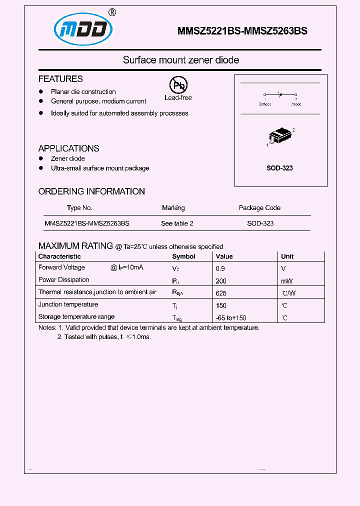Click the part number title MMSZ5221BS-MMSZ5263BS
coord(242,31)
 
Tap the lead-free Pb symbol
coord(177,85)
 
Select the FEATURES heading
coord(60,79)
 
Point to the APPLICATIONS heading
coord(68,148)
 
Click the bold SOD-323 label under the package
coord(279,168)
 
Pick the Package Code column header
coord(259,208)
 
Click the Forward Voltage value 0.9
coord(220,268)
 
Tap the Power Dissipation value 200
coord(221,281)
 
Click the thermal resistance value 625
coord(221,293)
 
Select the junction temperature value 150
coord(221,305)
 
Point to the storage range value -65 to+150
coord(231,318)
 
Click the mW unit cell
coord(287,281)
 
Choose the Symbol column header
coord(183,256)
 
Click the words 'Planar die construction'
coord(83,92)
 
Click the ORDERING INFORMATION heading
coord(91,191)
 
